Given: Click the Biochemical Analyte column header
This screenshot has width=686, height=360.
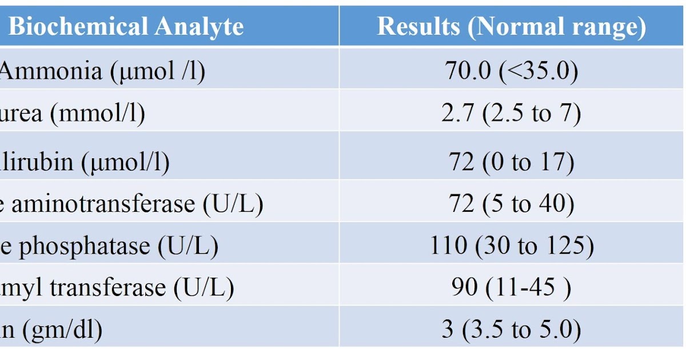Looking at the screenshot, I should coord(126,27).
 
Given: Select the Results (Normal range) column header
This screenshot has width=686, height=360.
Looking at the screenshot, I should coord(512,27).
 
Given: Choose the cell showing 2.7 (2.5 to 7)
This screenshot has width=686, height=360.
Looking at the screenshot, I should coord(512,113).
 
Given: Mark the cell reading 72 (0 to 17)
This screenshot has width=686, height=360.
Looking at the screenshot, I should coord(512,162).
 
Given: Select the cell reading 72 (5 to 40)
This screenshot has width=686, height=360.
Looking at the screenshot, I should coord(512,205).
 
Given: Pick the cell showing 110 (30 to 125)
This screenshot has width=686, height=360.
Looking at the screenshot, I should coord(512,246).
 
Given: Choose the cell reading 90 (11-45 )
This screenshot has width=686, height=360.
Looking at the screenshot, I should coord(512,287).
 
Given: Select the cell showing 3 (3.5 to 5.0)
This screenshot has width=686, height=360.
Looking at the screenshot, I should coord(512,330).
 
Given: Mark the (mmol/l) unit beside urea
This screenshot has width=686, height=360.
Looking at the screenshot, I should coord(97,113).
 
